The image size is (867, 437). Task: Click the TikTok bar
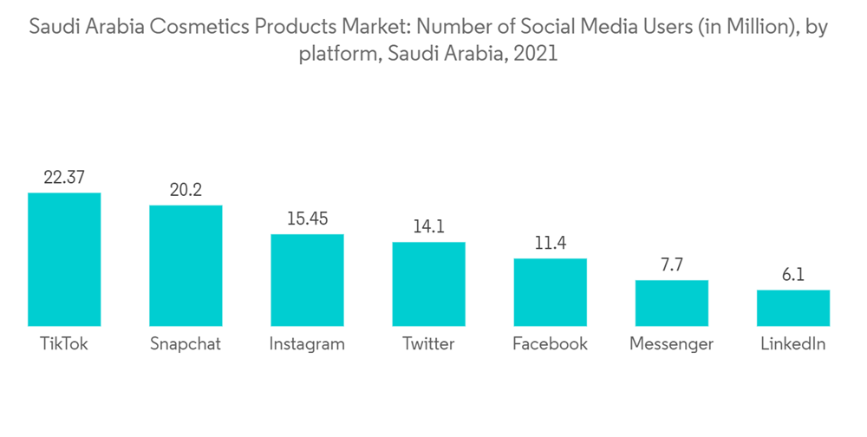point(64,259)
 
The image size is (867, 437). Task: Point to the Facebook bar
point(550,292)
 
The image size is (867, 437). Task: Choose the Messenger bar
point(671,303)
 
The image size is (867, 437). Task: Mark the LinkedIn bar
point(792,308)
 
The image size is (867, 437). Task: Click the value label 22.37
point(64,178)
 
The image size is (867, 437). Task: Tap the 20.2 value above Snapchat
point(186,190)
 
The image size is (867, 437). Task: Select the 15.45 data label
point(307,218)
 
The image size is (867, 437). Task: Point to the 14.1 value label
point(428,227)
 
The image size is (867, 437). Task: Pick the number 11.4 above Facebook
point(550,244)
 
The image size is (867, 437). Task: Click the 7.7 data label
point(671,265)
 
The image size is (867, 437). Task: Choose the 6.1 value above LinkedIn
point(792,275)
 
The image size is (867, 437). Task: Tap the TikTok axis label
point(64,344)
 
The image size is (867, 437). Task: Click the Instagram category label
point(307,344)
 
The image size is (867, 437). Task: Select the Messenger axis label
point(671,344)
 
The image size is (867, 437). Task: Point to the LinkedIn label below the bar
point(792,344)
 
